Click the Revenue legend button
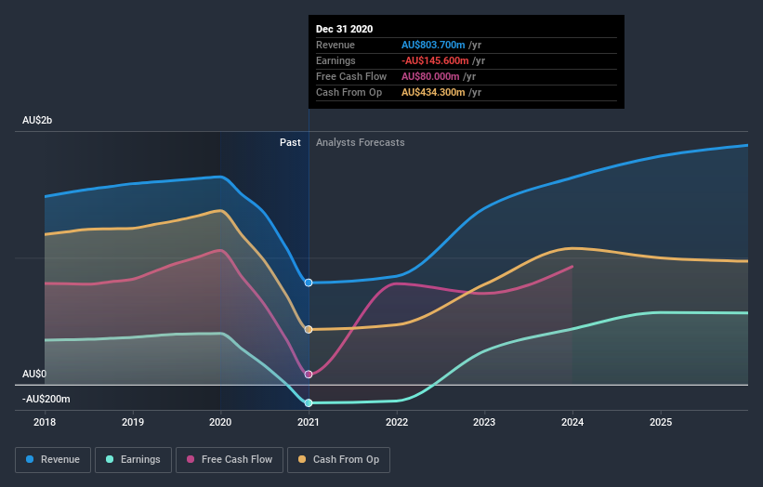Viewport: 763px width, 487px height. pyautogui.click(x=54, y=459)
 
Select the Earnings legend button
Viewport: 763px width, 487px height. pyautogui.click(x=135, y=459)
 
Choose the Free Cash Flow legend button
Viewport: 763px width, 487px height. pyautogui.click(x=230, y=459)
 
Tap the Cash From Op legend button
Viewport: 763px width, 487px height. pyautogui.click(x=339, y=459)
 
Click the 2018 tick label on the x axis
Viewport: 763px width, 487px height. pyautogui.click(x=45, y=422)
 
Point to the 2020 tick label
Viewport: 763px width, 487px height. pyautogui.click(x=221, y=422)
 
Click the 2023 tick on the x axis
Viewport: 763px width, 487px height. pyautogui.click(x=484, y=422)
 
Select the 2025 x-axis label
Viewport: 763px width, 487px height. pyautogui.click(x=660, y=422)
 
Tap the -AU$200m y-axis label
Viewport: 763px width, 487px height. pyautogui.click(x=46, y=399)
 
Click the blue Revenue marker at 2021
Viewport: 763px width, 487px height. pyautogui.click(x=309, y=283)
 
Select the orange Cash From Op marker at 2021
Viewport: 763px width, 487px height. pyautogui.click(x=309, y=329)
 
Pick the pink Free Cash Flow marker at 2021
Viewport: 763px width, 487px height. pyautogui.click(x=309, y=375)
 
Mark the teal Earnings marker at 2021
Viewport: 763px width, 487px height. pyautogui.click(x=309, y=402)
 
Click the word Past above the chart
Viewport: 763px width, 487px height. pyautogui.click(x=290, y=142)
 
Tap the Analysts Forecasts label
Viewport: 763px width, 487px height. pyautogui.click(x=360, y=142)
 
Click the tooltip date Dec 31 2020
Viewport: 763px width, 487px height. pyautogui.click(x=344, y=29)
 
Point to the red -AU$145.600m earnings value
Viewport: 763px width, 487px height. pyautogui.click(x=436, y=60)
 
